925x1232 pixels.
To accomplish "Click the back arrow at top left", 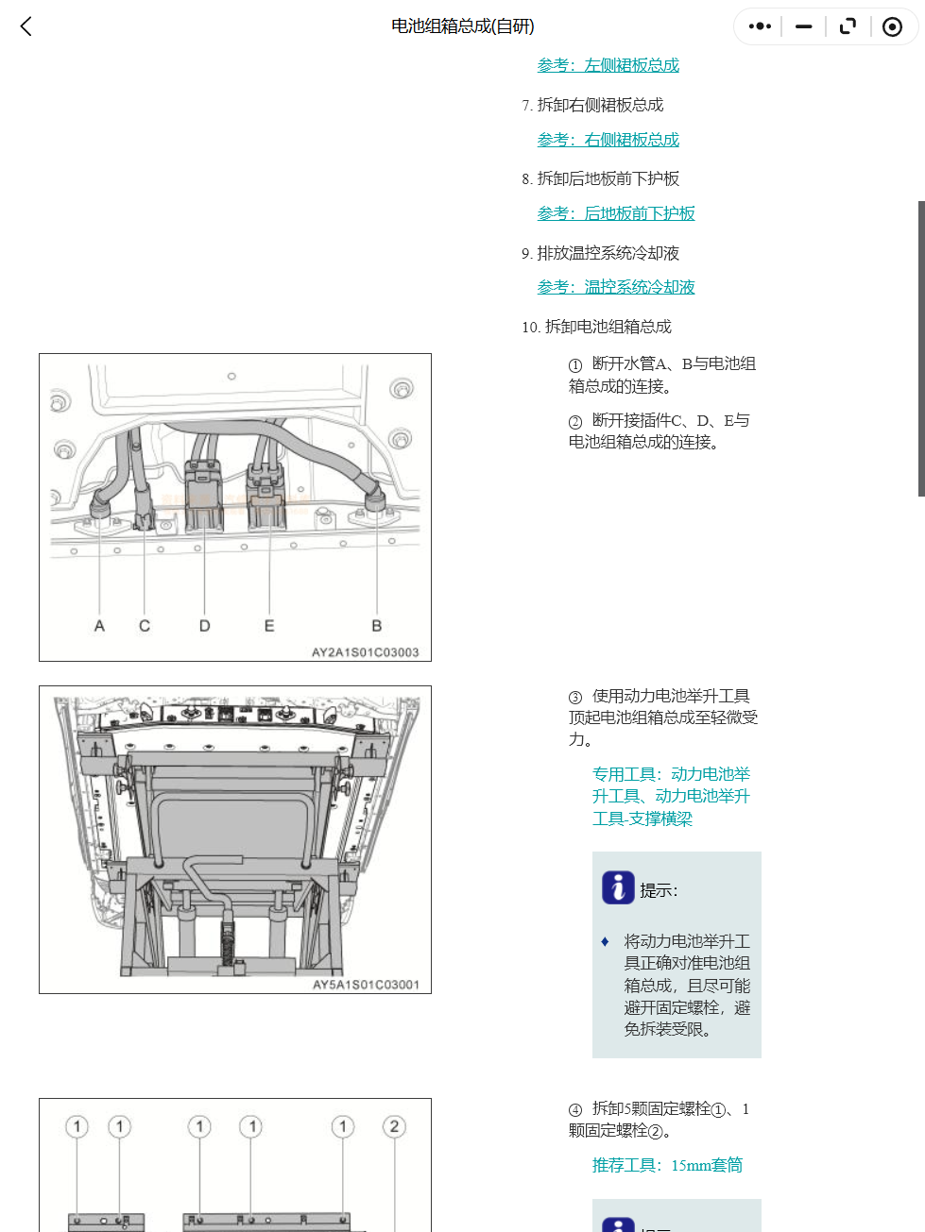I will (x=26, y=26).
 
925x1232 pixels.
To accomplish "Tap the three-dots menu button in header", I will (x=760, y=26).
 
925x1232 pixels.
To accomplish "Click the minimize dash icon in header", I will (x=804, y=26).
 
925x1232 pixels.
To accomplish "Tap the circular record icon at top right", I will (x=892, y=26).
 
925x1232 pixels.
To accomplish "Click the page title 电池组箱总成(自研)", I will (x=463, y=26).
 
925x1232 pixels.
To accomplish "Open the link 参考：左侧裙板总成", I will (x=608, y=65).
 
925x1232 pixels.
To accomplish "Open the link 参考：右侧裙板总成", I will (x=608, y=140).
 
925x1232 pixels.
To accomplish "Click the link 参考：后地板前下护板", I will (x=615, y=213).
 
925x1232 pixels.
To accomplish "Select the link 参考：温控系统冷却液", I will (x=615, y=287).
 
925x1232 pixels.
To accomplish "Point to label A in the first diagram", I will (x=99, y=626).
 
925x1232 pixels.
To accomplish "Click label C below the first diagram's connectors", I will (x=145, y=626).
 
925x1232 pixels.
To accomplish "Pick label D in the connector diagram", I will (x=204, y=626).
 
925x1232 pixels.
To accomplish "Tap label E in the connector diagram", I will (x=269, y=626).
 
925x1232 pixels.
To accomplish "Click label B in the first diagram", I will (x=376, y=626).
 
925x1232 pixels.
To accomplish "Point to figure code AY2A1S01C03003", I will (x=365, y=652).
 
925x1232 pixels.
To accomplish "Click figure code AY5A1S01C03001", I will (x=366, y=985).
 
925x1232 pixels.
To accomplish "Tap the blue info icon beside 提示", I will (x=618, y=887).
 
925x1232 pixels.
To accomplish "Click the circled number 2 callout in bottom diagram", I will (x=394, y=1126).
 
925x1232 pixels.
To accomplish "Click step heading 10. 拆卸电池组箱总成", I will (x=596, y=327).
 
